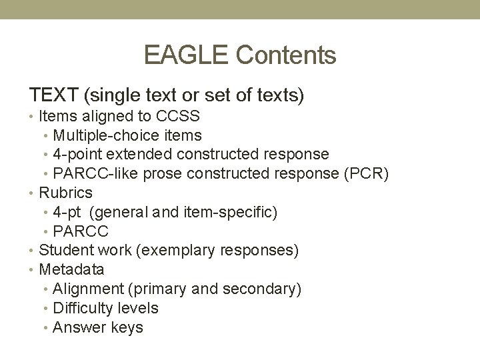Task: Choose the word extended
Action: [x=141, y=155]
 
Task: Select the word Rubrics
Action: [x=65, y=193]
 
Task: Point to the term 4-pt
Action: [x=67, y=212]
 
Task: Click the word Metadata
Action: [x=71, y=270]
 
